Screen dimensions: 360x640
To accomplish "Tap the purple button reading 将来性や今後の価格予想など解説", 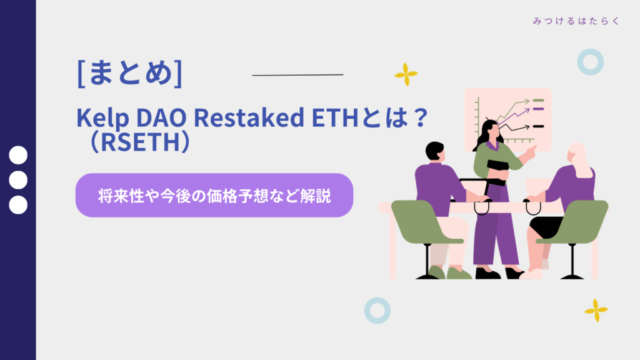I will pos(214,196).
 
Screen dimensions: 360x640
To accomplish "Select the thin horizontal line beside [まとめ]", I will pos(297,75).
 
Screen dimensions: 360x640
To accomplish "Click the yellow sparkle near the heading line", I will pos(406,74).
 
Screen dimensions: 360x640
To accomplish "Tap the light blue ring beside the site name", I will pos(590,62).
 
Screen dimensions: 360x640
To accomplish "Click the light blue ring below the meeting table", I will pos(377,310).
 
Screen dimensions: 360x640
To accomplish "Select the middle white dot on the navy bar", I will pos(19,180).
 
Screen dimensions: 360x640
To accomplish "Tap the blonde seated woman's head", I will pos(576,154).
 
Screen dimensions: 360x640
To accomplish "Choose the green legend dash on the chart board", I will pos(537,100).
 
